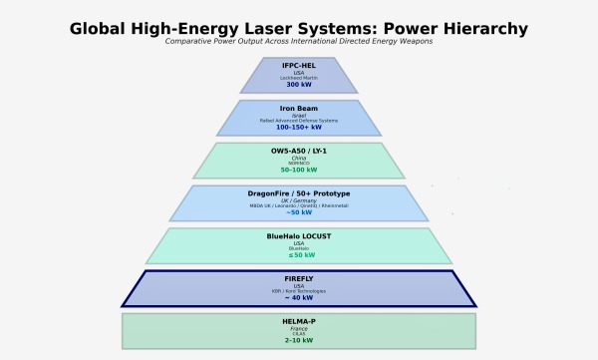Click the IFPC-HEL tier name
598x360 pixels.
(x=299, y=66)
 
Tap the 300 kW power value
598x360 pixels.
(x=299, y=85)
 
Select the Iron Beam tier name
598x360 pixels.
(x=299, y=108)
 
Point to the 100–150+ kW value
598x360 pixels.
(x=299, y=127)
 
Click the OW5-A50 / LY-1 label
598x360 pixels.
(x=299, y=151)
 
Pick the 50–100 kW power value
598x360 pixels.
(x=299, y=170)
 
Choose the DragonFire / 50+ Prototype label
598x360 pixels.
(x=299, y=193)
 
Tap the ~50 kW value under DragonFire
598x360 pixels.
(x=299, y=212)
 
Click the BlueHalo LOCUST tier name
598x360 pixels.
(x=299, y=236)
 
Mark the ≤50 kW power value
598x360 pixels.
(x=299, y=255)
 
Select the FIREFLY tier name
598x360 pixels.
(x=299, y=279)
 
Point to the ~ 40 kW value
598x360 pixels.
(x=299, y=297)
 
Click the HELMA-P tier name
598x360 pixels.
(x=299, y=322)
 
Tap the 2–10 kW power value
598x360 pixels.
(x=299, y=340)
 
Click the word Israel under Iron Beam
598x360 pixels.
(x=299, y=115)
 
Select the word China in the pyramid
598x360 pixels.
(x=299, y=158)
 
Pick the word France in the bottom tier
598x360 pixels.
(x=299, y=329)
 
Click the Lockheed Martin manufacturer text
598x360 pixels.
(x=299, y=78)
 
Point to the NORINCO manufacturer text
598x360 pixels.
(x=299, y=164)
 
